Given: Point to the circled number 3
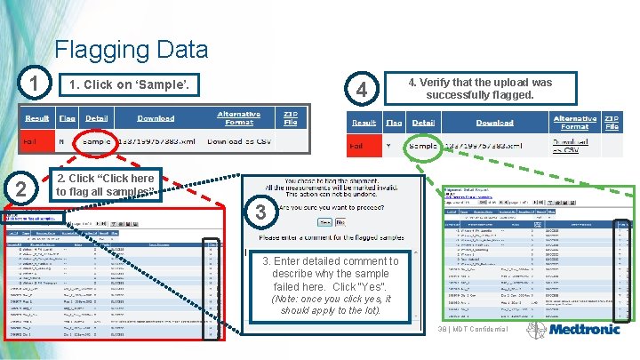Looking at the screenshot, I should click(260, 212).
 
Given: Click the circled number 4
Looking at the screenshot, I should click(361, 89).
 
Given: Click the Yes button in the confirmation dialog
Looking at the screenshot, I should click(324, 222).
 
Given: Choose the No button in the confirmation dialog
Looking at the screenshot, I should click(341, 222).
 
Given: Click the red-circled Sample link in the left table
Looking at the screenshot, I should click(96, 141).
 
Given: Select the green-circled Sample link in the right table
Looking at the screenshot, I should click(423, 146).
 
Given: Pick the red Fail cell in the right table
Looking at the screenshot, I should click(357, 146).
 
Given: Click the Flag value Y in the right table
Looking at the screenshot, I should click(388, 146).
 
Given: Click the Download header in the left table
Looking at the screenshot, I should click(156, 118).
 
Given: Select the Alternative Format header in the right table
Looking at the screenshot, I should click(574, 123).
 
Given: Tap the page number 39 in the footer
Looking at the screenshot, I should click(442, 330).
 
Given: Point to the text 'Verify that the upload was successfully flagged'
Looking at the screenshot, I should click(480, 88).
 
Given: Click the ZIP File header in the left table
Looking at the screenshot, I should click(290, 118).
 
